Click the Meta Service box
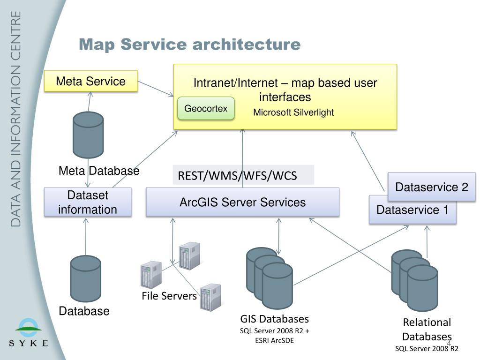(x=91, y=81)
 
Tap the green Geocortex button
(x=206, y=108)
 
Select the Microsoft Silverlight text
(x=293, y=112)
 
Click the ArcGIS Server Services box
(x=242, y=202)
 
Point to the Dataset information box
(x=88, y=202)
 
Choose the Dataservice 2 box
(x=432, y=187)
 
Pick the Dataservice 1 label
(x=412, y=210)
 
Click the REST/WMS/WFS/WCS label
(x=238, y=176)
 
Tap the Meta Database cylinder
(x=88, y=135)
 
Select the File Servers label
(x=169, y=296)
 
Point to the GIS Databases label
(x=275, y=319)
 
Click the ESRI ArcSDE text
(x=275, y=340)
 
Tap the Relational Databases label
(x=427, y=330)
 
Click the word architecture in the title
(x=247, y=44)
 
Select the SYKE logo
(x=29, y=333)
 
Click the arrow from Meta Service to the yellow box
(x=156, y=89)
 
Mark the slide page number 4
(x=449, y=343)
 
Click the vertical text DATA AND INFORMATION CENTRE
(x=15, y=119)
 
